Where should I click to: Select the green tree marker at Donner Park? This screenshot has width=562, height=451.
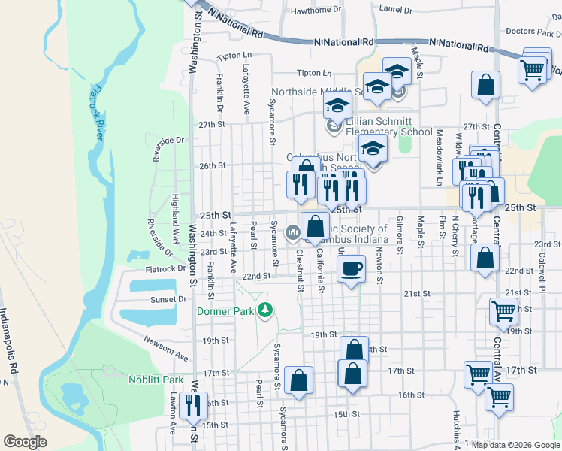point(264,310)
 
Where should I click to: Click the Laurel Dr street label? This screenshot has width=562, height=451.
point(397,11)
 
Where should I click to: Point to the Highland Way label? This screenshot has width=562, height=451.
point(175,213)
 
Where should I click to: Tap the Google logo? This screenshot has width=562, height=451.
point(25,442)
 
